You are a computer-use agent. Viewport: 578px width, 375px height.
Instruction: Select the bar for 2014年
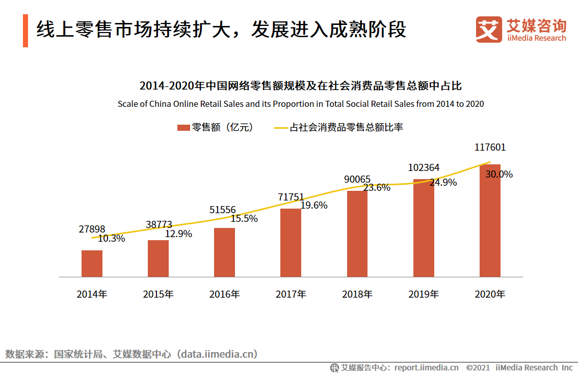[92, 264]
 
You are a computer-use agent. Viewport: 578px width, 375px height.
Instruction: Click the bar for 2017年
[291, 243]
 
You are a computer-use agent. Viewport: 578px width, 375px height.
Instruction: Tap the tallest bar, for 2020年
[490, 220]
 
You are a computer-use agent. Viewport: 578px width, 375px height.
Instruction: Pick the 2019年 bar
[424, 228]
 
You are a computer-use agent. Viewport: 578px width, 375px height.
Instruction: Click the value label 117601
[490, 148]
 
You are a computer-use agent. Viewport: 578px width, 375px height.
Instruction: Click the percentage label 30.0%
[499, 174]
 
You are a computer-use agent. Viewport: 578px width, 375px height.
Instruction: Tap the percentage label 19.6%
[313, 206]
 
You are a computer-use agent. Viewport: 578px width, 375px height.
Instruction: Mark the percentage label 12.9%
[178, 234]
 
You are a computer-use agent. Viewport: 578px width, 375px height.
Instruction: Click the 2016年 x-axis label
[224, 294]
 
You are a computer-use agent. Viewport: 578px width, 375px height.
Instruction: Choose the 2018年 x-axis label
[357, 294]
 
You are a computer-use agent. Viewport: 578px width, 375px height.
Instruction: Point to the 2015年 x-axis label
[158, 294]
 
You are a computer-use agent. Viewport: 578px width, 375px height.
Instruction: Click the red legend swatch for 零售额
[183, 128]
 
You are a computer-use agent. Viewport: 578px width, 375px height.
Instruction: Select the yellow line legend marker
[281, 128]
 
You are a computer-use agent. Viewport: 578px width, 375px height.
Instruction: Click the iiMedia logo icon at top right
[489, 30]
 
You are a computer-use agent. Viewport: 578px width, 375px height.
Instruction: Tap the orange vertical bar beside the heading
[25, 31]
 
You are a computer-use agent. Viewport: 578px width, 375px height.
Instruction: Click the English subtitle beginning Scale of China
[301, 104]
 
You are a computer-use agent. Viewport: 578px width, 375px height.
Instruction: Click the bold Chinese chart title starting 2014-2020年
[301, 85]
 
